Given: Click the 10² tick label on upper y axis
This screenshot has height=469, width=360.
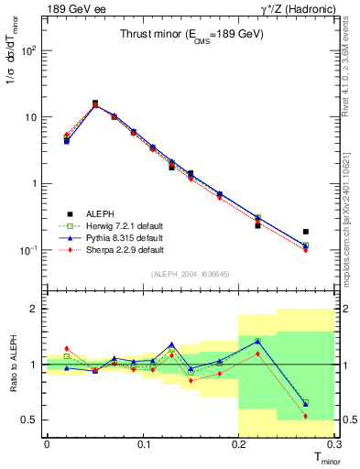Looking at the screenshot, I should [29, 51].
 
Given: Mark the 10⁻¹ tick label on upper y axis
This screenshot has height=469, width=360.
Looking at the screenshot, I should [29, 250].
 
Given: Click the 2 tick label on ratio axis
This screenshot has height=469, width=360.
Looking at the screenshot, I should [35, 309].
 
